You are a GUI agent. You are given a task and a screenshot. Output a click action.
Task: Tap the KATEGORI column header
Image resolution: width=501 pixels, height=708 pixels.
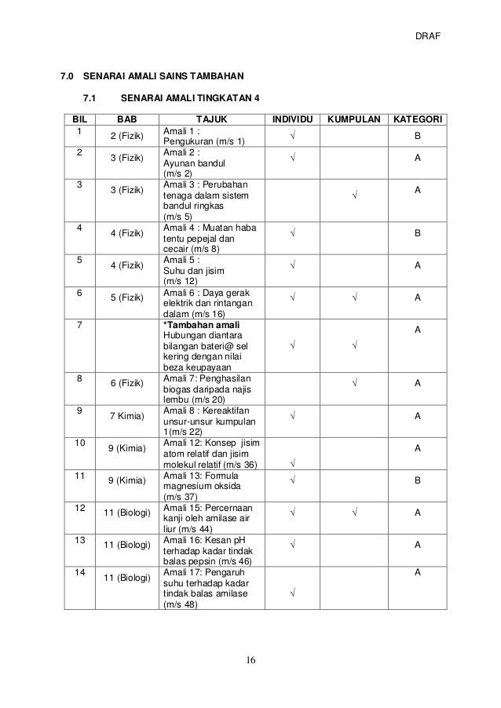419,120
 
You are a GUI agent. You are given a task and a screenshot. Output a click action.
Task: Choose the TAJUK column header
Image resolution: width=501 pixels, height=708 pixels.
209,120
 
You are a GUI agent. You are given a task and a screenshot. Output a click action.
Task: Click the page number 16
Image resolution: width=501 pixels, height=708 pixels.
251,657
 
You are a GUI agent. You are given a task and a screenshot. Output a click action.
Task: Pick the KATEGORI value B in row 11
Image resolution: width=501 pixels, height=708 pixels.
419,480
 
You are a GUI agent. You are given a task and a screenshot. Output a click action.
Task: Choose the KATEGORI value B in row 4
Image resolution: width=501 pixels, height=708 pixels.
419,233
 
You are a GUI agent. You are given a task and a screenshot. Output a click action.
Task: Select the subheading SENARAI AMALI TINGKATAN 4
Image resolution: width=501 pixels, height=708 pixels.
189,99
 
